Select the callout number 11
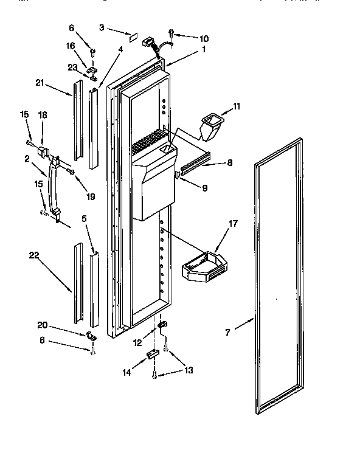tap(237, 106)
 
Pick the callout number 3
tap(103, 28)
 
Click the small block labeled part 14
tap(153, 356)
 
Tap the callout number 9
tap(204, 188)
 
